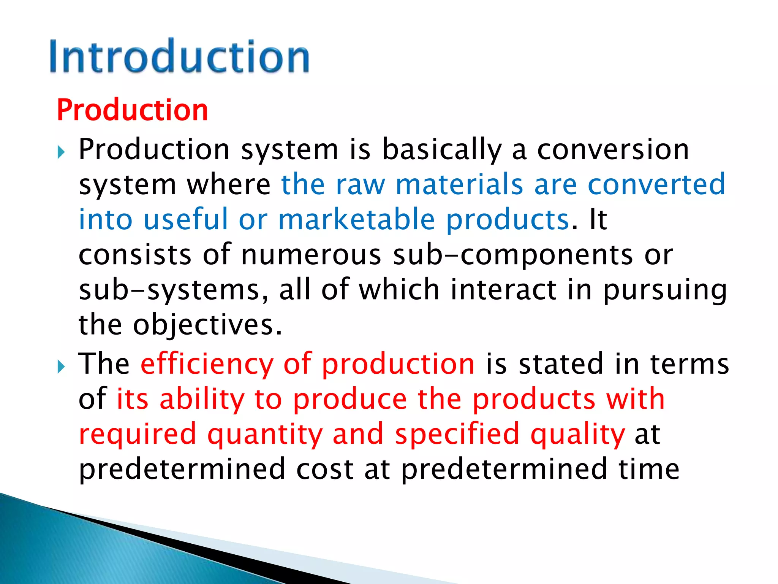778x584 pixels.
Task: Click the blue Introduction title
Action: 179,56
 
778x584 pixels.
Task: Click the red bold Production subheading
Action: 132,110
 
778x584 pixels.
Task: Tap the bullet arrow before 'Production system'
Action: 61,153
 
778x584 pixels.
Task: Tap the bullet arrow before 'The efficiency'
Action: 61,367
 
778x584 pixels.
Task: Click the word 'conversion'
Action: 613,149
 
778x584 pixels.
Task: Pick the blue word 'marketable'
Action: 356,220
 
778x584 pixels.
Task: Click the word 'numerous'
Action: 311,255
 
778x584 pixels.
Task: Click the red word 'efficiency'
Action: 207,364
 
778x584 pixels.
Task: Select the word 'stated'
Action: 561,364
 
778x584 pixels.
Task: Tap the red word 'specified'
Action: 457,434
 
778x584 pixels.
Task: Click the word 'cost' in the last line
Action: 325,469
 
